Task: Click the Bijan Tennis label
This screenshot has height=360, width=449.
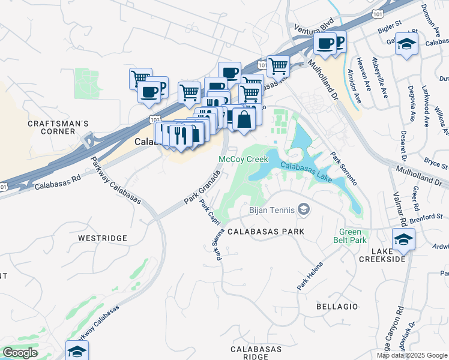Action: (272, 210)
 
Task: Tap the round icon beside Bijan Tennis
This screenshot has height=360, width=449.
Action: (304, 209)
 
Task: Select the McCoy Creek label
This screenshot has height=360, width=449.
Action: (243, 160)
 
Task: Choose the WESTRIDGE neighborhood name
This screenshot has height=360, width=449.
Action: (103, 238)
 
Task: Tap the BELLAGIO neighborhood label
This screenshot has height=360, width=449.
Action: (337, 307)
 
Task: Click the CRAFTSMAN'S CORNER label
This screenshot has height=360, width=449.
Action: (58, 128)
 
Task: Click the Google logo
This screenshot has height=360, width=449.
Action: (20, 353)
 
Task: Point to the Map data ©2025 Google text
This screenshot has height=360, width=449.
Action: (411, 355)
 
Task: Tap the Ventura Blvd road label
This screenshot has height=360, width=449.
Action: (314, 29)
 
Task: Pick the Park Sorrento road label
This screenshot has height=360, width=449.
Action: (344, 168)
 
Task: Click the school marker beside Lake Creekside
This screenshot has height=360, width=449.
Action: (403, 238)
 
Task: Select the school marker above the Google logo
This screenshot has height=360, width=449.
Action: (77, 350)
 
